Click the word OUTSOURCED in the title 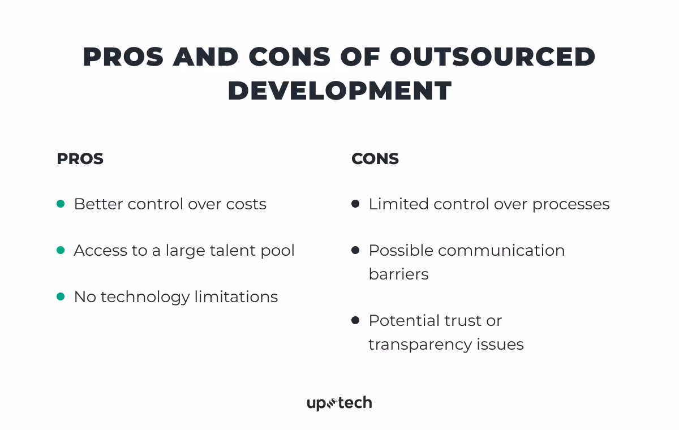pos(493,57)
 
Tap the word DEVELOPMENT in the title pos(339,91)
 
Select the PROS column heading pos(80,159)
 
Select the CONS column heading pos(375,159)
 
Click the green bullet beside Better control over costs pos(61,204)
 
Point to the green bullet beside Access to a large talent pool pos(61,250)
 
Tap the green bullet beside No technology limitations pos(61,296)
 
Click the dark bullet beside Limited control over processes pos(355,204)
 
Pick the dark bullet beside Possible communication pos(355,250)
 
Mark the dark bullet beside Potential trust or pos(355,320)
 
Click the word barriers pos(398,274)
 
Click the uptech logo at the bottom pos(339,403)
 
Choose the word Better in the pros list pos(98,204)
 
